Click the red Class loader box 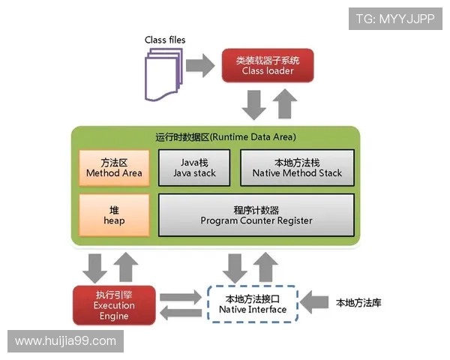[x=267, y=65]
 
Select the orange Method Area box [x=114, y=167]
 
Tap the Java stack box [x=193, y=167]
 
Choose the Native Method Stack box [x=298, y=167]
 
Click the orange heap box [x=114, y=214]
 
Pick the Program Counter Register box [x=256, y=214]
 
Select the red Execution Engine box [x=114, y=305]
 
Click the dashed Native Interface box [x=252, y=304]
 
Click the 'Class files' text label [x=165, y=40]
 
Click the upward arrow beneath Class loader [x=283, y=104]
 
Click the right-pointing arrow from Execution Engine [x=181, y=295]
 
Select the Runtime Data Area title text [x=215, y=137]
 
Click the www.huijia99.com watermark [x=65, y=341]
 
